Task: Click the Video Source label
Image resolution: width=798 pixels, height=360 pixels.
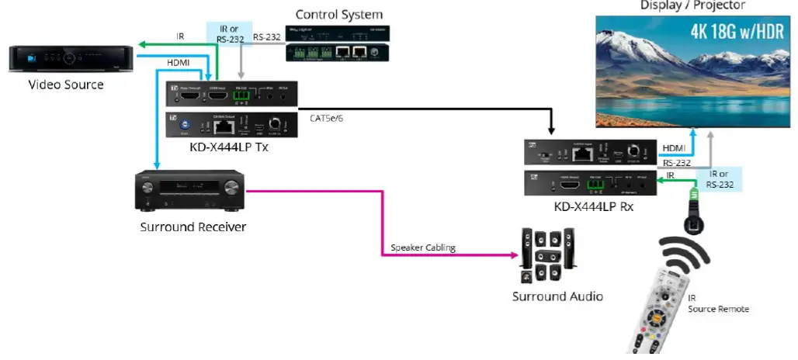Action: [x=66, y=85]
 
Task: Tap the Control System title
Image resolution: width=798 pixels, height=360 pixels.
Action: [x=339, y=15]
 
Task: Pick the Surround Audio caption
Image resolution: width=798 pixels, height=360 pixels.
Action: [x=557, y=296]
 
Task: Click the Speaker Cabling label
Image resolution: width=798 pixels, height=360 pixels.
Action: [x=422, y=247]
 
